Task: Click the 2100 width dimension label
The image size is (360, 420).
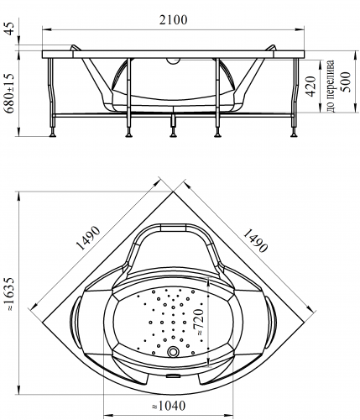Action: point(173,20)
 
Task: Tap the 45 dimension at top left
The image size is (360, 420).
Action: point(11,29)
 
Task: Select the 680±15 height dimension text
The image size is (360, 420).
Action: point(10,93)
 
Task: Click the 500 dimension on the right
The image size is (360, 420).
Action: point(345,81)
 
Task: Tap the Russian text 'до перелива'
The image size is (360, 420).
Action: point(331,86)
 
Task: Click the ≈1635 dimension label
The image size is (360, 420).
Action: point(10,294)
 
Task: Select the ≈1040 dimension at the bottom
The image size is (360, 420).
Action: point(169,406)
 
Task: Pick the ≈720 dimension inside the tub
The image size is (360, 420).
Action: point(199,322)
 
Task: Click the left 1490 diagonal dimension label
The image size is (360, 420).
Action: point(88,238)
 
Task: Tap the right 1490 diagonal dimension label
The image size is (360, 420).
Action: point(255,240)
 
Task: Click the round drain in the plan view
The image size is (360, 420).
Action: point(173,351)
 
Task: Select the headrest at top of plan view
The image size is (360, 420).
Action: point(174,227)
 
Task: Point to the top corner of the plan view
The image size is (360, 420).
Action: point(173,192)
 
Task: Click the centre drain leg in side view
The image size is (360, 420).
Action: point(174,123)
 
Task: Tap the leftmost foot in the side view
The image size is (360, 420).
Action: point(52,135)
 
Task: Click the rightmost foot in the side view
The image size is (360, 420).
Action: point(294,135)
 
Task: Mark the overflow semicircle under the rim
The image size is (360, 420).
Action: point(174,60)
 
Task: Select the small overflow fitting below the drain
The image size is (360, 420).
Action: point(174,376)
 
